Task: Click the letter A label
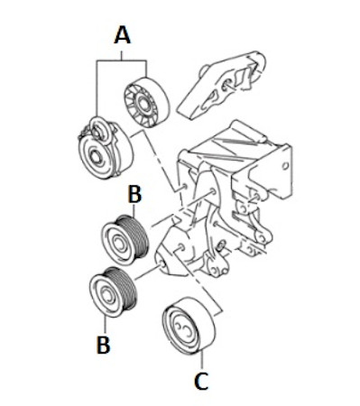(x=123, y=35)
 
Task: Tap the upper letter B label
(x=134, y=194)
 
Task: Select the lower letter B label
(x=103, y=345)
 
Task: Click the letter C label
(x=201, y=381)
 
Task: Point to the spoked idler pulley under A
(x=146, y=103)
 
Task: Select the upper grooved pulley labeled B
(x=125, y=240)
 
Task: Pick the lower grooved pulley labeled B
(x=114, y=292)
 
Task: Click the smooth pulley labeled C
(x=189, y=325)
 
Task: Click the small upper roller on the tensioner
(x=98, y=130)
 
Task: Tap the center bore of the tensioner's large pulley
(x=97, y=156)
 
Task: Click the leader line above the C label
(x=201, y=360)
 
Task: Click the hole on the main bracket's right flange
(x=285, y=165)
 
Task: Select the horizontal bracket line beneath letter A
(x=122, y=61)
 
